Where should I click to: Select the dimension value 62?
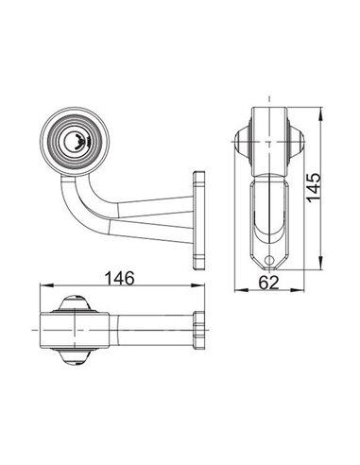pyautogui.click(x=268, y=281)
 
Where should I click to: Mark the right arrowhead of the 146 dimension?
pyautogui.click(x=200, y=287)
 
